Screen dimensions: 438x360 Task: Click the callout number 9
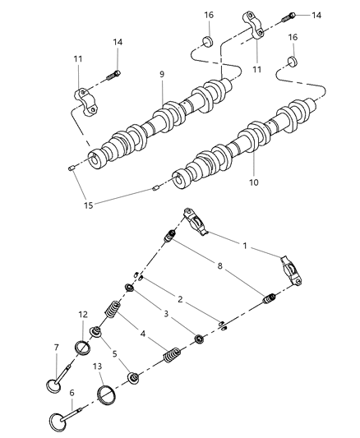click(162, 74)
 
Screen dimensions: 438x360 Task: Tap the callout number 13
click(98, 367)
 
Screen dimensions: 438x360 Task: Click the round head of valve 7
click(53, 385)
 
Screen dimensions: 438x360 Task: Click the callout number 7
click(56, 347)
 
